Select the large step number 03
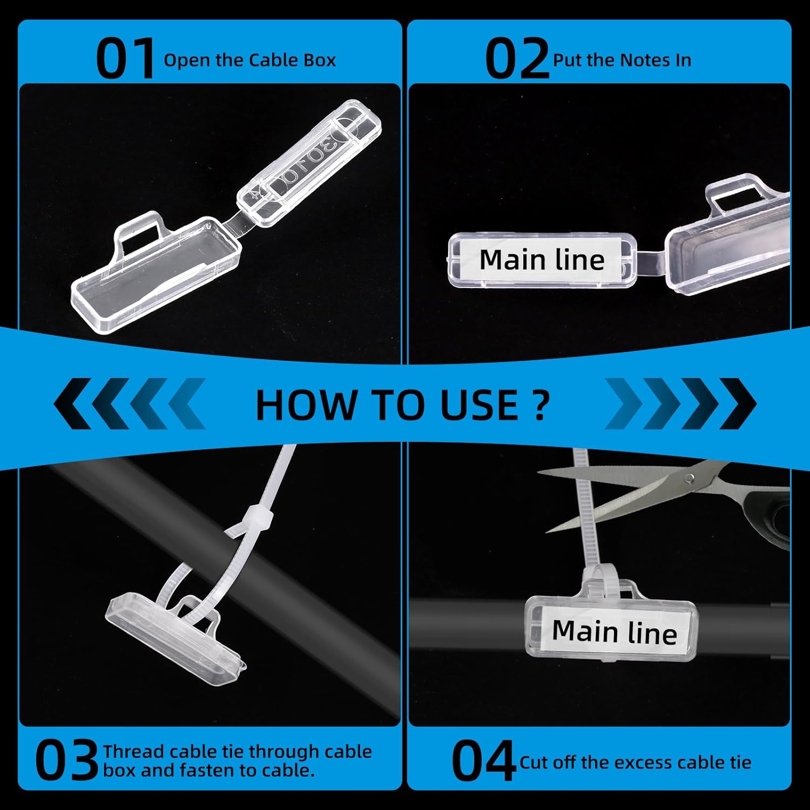pyautogui.click(x=67, y=761)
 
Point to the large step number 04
pyautogui.click(x=483, y=761)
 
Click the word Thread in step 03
pyautogui.click(x=133, y=751)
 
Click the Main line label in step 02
pyautogui.click(x=542, y=260)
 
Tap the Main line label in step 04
pyautogui.click(x=615, y=632)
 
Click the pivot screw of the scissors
pyautogui.click(x=690, y=478)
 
